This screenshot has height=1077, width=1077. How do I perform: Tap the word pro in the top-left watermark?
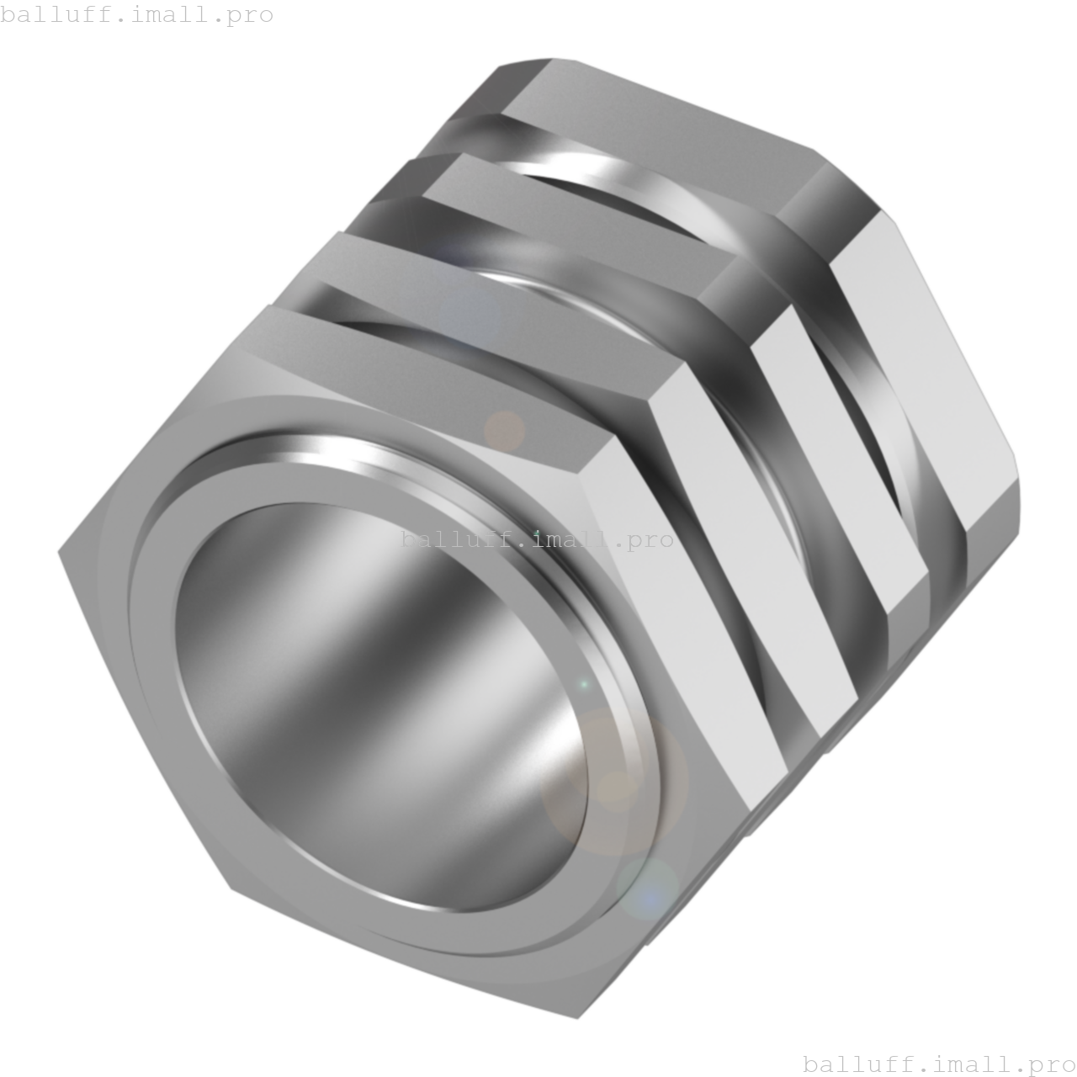pos(250,15)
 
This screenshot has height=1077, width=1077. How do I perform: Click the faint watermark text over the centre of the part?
pos(537,539)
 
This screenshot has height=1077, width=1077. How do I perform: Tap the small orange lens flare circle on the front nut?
pos(504,431)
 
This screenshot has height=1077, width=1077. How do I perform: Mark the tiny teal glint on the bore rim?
pos(584,685)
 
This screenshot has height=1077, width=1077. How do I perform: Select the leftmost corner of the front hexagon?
pos(61,553)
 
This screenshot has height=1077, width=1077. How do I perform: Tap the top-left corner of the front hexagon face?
pos(268,308)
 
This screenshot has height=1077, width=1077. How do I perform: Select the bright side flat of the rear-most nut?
pos(926,370)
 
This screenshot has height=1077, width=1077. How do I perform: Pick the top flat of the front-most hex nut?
pos(454,353)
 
